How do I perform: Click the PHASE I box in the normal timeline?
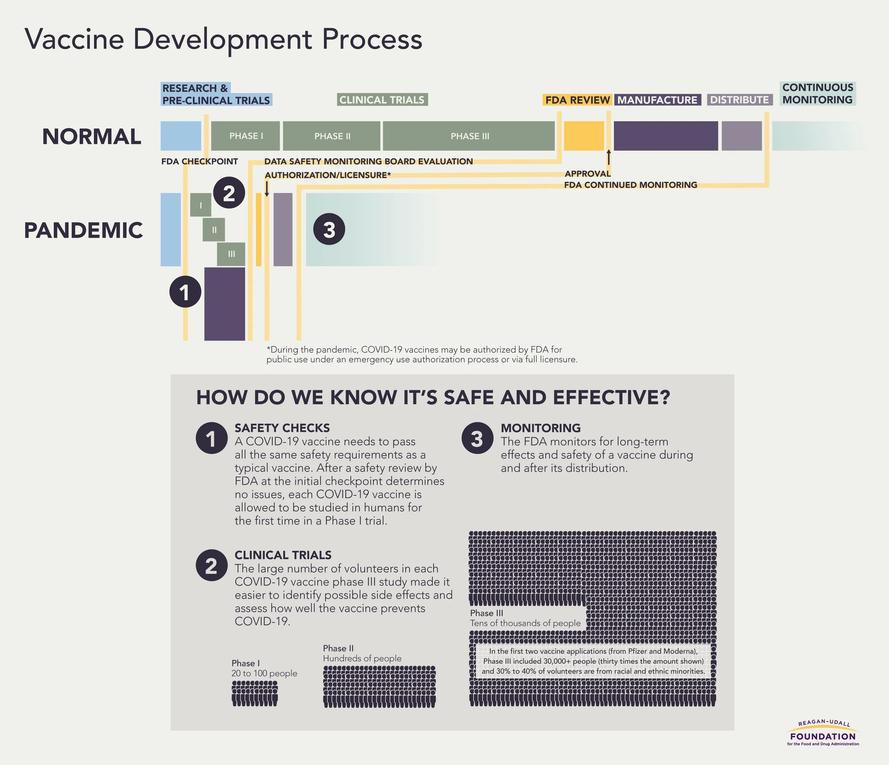click(245, 136)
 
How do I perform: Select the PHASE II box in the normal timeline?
click(332, 136)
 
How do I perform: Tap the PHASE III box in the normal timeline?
click(469, 136)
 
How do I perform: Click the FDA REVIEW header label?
click(577, 100)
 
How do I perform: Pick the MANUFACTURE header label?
click(657, 100)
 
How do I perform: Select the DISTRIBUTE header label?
click(739, 100)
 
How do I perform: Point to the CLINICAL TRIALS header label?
click(382, 100)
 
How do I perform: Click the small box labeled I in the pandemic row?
click(201, 205)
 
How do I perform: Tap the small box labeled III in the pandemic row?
click(231, 254)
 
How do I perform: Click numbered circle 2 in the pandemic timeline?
click(229, 193)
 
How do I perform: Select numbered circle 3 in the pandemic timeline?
click(329, 229)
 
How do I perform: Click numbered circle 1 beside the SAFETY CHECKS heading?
click(211, 438)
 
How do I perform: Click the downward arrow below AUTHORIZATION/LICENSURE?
click(267, 189)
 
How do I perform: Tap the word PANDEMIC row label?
click(83, 230)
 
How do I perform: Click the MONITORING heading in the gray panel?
click(541, 428)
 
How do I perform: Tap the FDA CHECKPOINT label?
click(199, 162)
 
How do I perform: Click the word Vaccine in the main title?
click(75, 39)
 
